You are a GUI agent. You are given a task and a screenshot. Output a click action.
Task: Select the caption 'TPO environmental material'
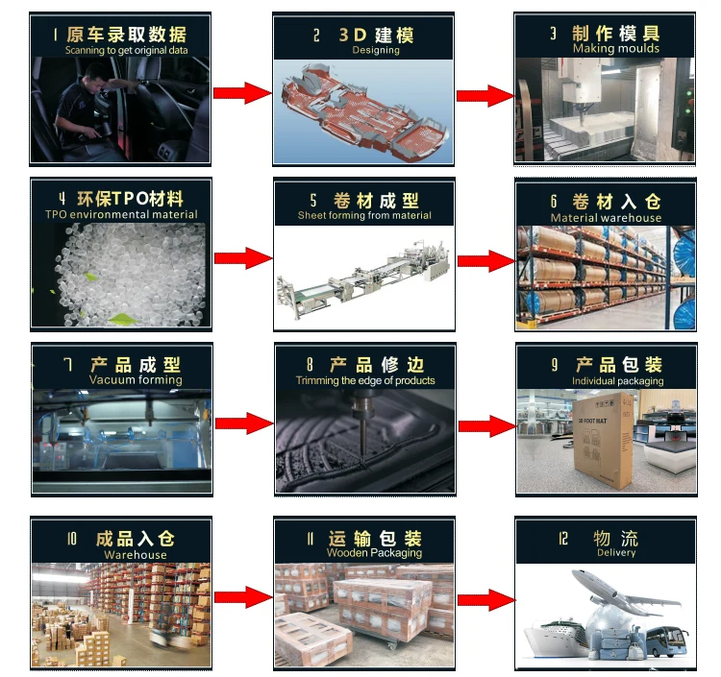tap(121, 214)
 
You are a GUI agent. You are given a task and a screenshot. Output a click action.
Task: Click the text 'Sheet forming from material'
tap(364, 216)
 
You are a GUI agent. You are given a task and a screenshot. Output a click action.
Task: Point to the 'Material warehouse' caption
tap(606, 218)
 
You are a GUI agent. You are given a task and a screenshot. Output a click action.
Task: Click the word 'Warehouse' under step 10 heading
tap(136, 555)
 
